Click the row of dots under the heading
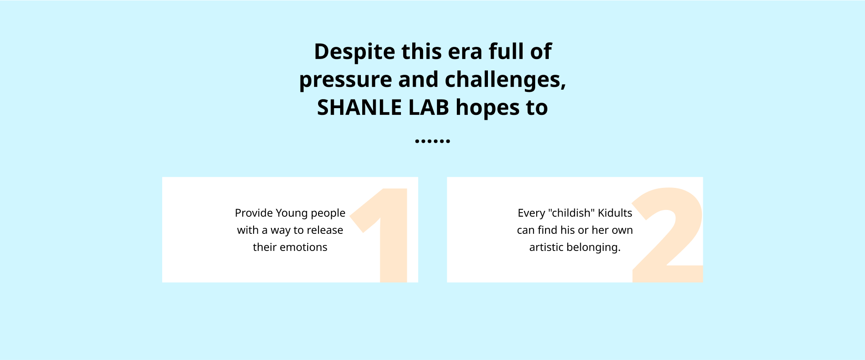[432, 141]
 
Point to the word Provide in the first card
[254, 213]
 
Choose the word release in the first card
[325, 230]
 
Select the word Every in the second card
[531, 213]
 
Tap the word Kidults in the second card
[615, 213]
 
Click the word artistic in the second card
[546, 247]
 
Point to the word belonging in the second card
[592, 247]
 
